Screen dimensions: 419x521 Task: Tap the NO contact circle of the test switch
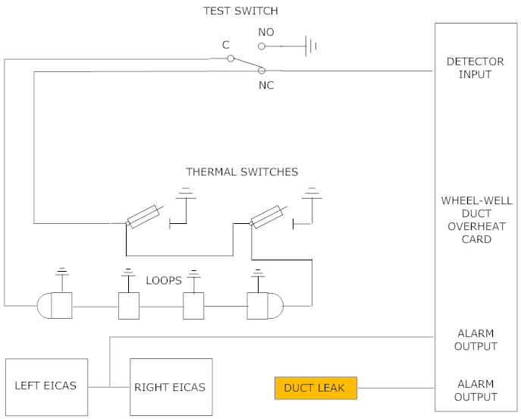262,46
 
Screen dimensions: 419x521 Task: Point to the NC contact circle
262,71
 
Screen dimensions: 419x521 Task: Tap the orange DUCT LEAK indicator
314,388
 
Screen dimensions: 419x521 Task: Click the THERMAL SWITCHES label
242,172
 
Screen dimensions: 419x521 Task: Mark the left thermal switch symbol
143,217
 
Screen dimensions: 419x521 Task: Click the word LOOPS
165,280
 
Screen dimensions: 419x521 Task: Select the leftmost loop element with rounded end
55,305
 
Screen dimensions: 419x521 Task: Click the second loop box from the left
129,305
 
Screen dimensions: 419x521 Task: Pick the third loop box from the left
194,305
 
